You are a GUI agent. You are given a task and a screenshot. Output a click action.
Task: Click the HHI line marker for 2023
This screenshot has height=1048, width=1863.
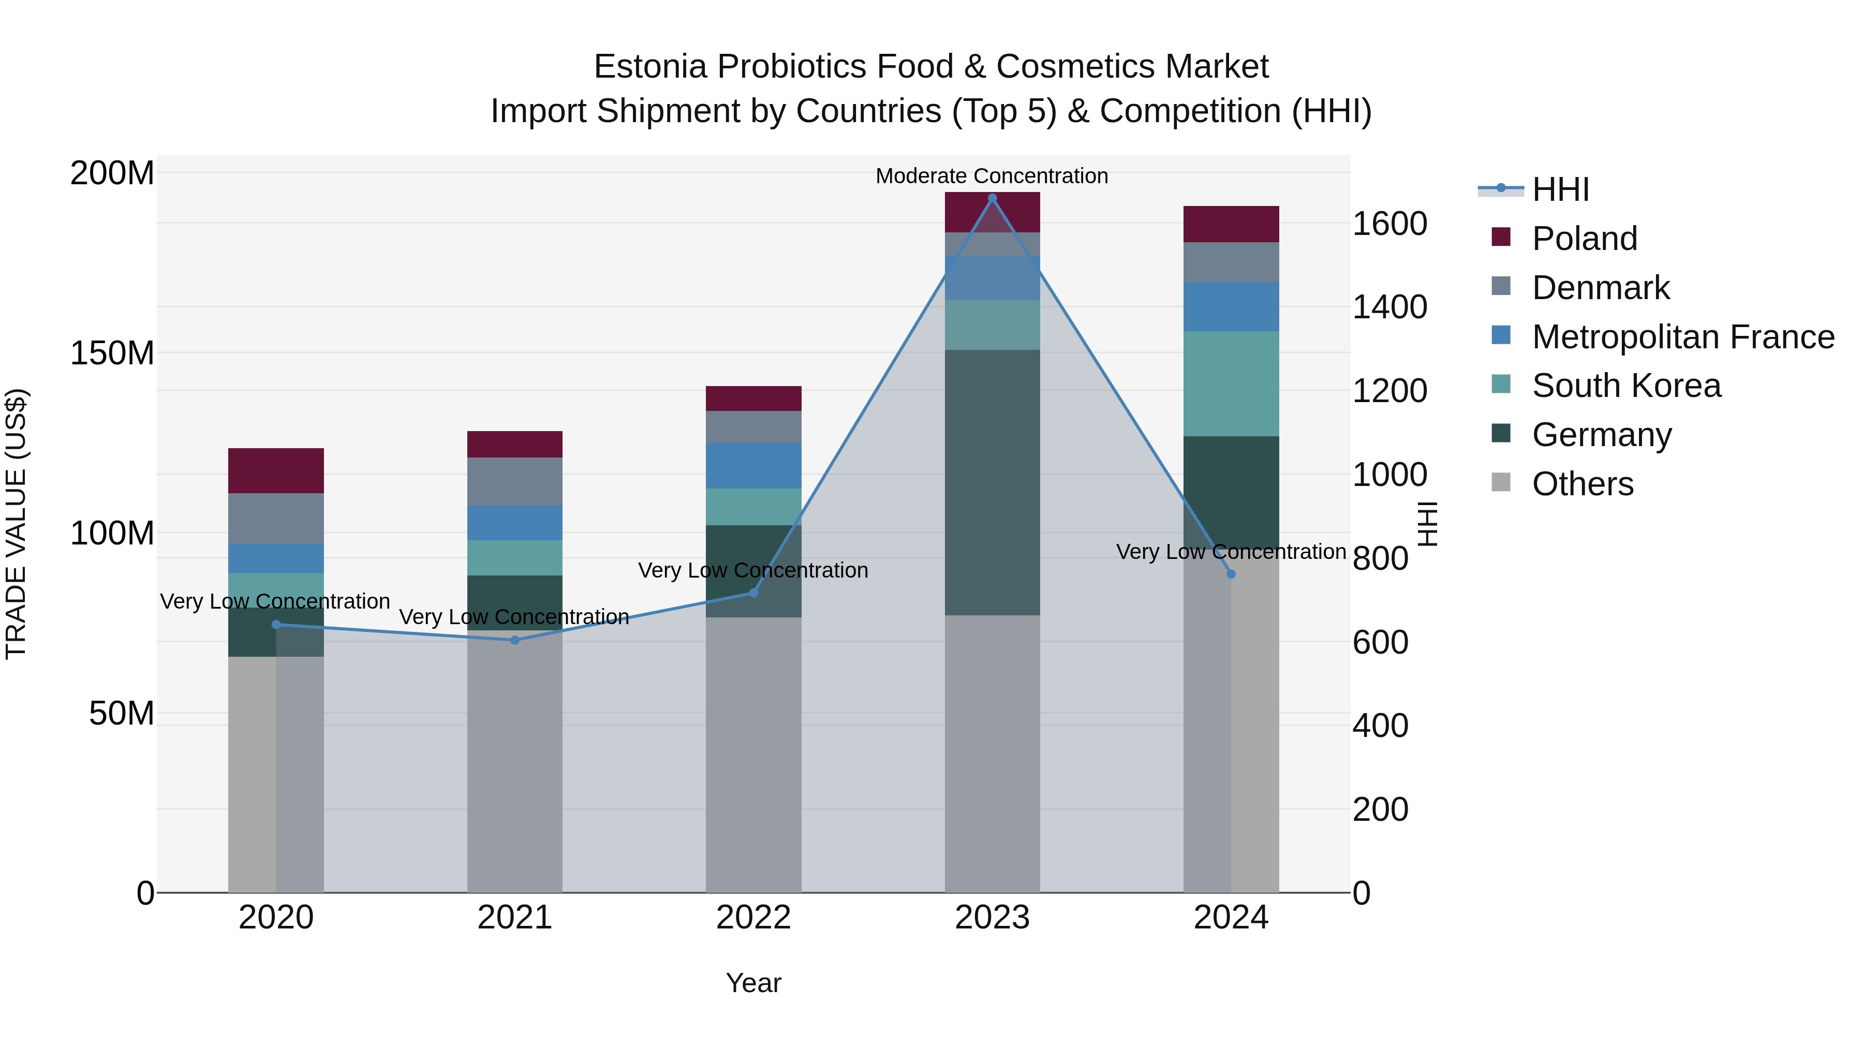click(992, 198)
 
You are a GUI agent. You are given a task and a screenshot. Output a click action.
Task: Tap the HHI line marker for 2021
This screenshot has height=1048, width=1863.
click(515, 640)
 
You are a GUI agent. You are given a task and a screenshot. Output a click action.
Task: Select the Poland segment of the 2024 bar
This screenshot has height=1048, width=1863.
click(1231, 224)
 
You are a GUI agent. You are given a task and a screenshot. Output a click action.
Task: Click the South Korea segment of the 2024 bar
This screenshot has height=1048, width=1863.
click(1231, 383)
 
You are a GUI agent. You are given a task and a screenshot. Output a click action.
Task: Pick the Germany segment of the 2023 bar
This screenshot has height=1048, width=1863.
click(992, 482)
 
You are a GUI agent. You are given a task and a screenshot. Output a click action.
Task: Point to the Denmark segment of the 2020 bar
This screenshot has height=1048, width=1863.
click(275, 519)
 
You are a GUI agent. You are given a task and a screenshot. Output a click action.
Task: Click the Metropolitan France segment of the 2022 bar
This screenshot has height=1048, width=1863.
click(753, 466)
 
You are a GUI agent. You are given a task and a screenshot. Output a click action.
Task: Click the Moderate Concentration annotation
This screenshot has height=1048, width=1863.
click(992, 176)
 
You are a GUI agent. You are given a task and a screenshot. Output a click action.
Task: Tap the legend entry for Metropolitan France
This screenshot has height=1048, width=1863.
click(1683, 337)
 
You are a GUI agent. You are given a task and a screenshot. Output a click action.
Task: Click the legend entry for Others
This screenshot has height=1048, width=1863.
click(1583, 484)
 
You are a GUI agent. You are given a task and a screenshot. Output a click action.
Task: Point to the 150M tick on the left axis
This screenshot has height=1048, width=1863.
click(112, 353)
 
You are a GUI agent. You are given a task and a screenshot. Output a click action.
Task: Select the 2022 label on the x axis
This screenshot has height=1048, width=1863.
click(753, 918)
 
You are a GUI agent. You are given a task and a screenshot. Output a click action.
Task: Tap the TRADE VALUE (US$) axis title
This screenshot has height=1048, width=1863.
click(16, 524)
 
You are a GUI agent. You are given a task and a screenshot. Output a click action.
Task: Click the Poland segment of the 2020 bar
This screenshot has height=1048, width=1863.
click(275, 471)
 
